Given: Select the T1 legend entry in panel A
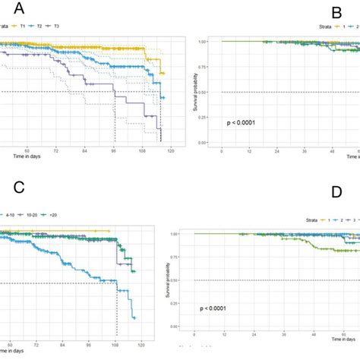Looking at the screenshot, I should pyautogui.click(x=27, y=27).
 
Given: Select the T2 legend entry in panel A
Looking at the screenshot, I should pyautogui.click(x=48, y=27).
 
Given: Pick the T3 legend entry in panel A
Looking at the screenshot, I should pyautogui.click(x=70, y=27).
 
